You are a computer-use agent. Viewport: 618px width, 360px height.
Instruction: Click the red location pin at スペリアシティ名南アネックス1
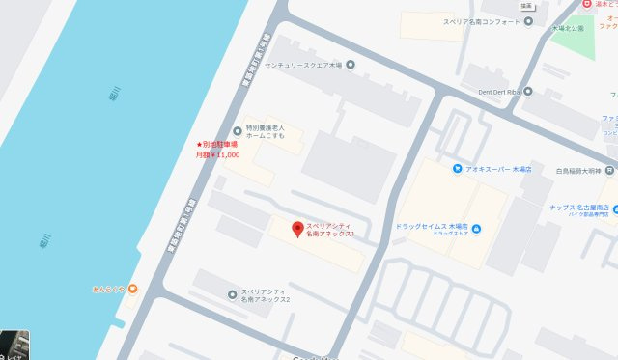pyautogui.click(x=298, y=230)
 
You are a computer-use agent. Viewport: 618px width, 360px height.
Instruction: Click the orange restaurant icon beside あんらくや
pyautogui.click(x=132, y=288)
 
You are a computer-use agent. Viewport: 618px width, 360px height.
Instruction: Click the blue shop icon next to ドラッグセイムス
pyautogui.click(x=479, y=229)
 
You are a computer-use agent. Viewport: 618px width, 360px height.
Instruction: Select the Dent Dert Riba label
pyautogui.click(x=499, y=91)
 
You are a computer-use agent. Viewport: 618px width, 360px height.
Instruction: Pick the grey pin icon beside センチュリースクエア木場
pyautogui.click(x=350, y=66)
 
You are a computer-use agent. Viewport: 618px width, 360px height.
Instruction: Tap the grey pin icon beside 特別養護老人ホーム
pyautogui.click(x=237, y=131)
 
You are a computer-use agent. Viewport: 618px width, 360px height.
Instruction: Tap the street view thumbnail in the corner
pyautogui.click(x=14, y=345)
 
